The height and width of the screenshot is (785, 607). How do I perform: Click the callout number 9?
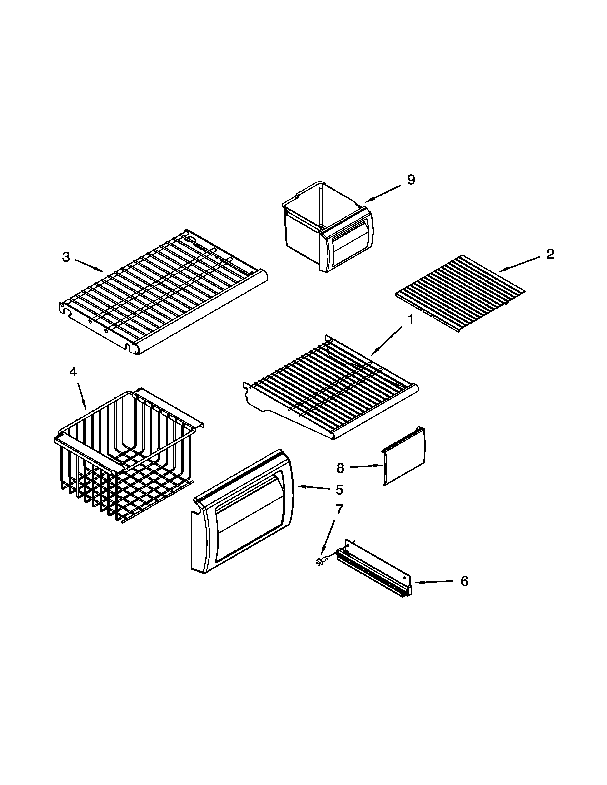coord(411,180)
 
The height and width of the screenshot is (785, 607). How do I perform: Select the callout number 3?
coord(66,257)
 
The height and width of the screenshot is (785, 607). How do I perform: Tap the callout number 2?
coord(550,255)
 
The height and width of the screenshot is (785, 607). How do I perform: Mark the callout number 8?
coord(340,468)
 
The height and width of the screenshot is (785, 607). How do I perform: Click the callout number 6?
coord(464,581)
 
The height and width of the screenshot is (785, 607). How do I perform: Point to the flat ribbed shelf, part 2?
coord(460,294)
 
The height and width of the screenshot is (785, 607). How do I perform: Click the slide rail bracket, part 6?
coord(374,571)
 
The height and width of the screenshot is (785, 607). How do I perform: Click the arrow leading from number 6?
coord(433,582)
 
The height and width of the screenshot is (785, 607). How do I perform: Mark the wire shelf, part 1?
coord(331,388)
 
